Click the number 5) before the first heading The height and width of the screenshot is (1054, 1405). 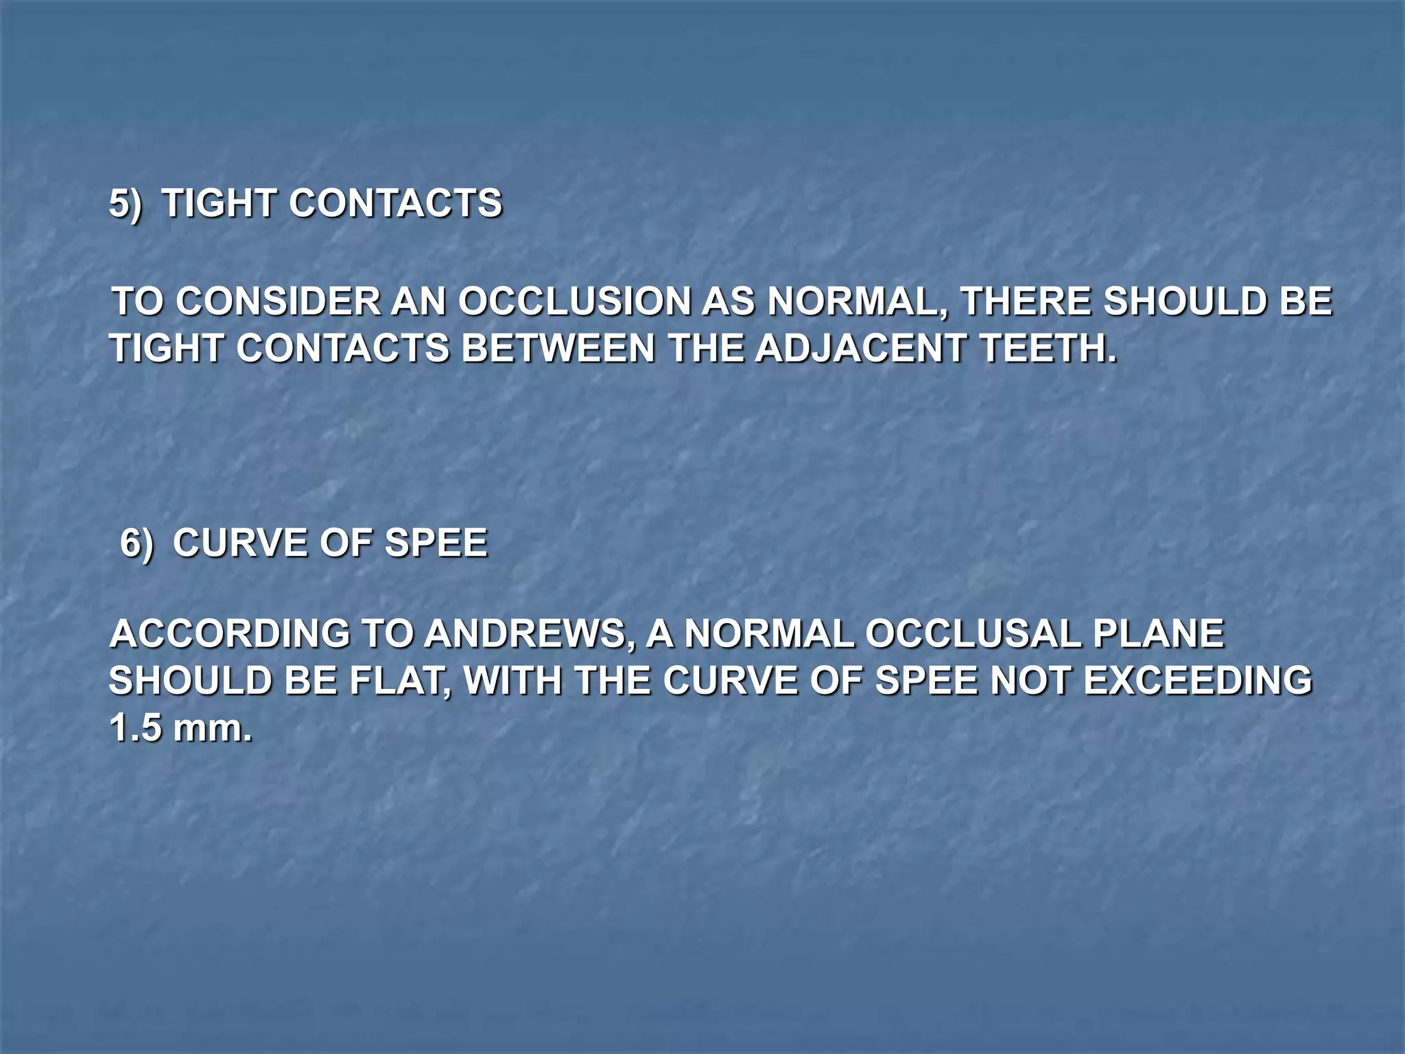click(x=126, y=204)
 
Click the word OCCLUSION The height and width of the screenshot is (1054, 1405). click(x=574, y=302)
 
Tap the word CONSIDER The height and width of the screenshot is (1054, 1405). click(x=278, y=302)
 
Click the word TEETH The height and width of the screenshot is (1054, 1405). click(x=1048, y=349)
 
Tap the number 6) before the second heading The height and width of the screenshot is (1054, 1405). click(x=137, y=543)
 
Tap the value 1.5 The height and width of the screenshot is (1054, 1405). click(x=135, y=728)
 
